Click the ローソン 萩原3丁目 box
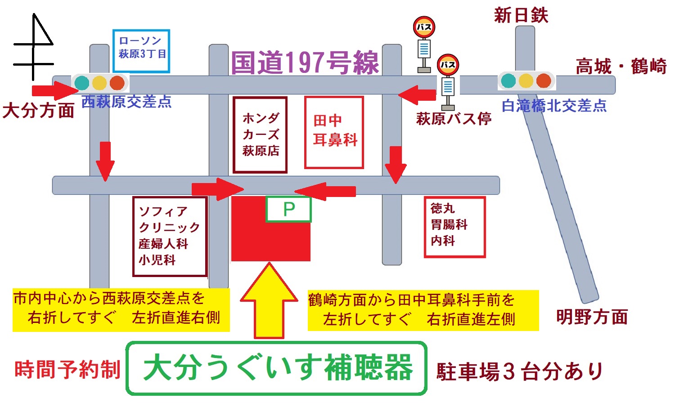pos(141,51)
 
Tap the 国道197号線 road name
pos(305,63)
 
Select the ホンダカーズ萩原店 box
pos(260,134)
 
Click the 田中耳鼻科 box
pos(334,132)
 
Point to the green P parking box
pos(288,209)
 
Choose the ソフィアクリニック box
pos(170,236)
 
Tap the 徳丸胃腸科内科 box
pos(454,227)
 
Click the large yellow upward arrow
pos(269,301)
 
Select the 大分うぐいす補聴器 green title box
pos(276,368)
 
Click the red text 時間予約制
pos(67,370)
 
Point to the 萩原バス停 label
pos(454,119)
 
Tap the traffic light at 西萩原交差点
pos(99,83)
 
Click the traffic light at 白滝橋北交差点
pos(526,81)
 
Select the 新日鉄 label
pos(521,15)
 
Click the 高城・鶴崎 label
pos(621,67)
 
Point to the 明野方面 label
pos(592,317)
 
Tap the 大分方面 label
pos(38,110)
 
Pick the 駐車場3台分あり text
pos(519,371)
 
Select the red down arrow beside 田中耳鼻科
pos(396,165)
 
